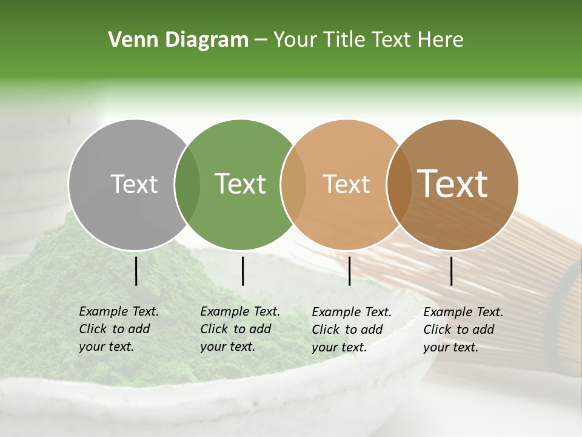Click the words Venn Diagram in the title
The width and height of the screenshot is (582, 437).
[178, 40]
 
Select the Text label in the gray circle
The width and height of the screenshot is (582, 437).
[134, 184]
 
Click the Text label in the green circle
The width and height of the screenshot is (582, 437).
[241, 184]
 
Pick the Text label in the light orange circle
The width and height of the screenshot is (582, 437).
[346, 184]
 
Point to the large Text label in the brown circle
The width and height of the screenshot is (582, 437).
[453, 184]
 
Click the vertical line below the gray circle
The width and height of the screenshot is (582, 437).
[136, 271]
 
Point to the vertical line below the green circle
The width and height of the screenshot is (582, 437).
[242, 271]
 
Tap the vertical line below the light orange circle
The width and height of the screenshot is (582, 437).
[350, 271]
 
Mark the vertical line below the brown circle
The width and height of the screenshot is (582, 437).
[452, 271]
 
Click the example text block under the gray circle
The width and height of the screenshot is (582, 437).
[118, 329]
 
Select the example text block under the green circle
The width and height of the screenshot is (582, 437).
[239, 329]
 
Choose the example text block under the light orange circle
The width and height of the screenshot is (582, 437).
[351, 330]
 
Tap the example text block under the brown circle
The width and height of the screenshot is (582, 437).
[463, 330]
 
